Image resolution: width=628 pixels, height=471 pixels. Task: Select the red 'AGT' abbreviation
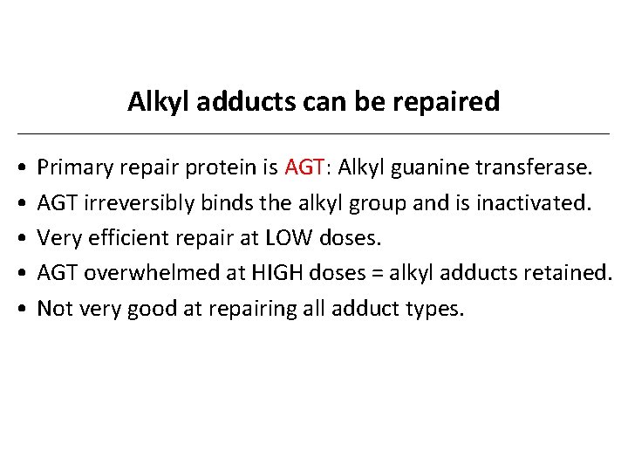pyautogui.click(x=304, y=166)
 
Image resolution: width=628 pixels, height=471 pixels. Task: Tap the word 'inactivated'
pyautogui.click(x=542, y=202)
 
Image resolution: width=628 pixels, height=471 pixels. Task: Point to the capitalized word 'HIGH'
pyautogui.click(x=274, y=273)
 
